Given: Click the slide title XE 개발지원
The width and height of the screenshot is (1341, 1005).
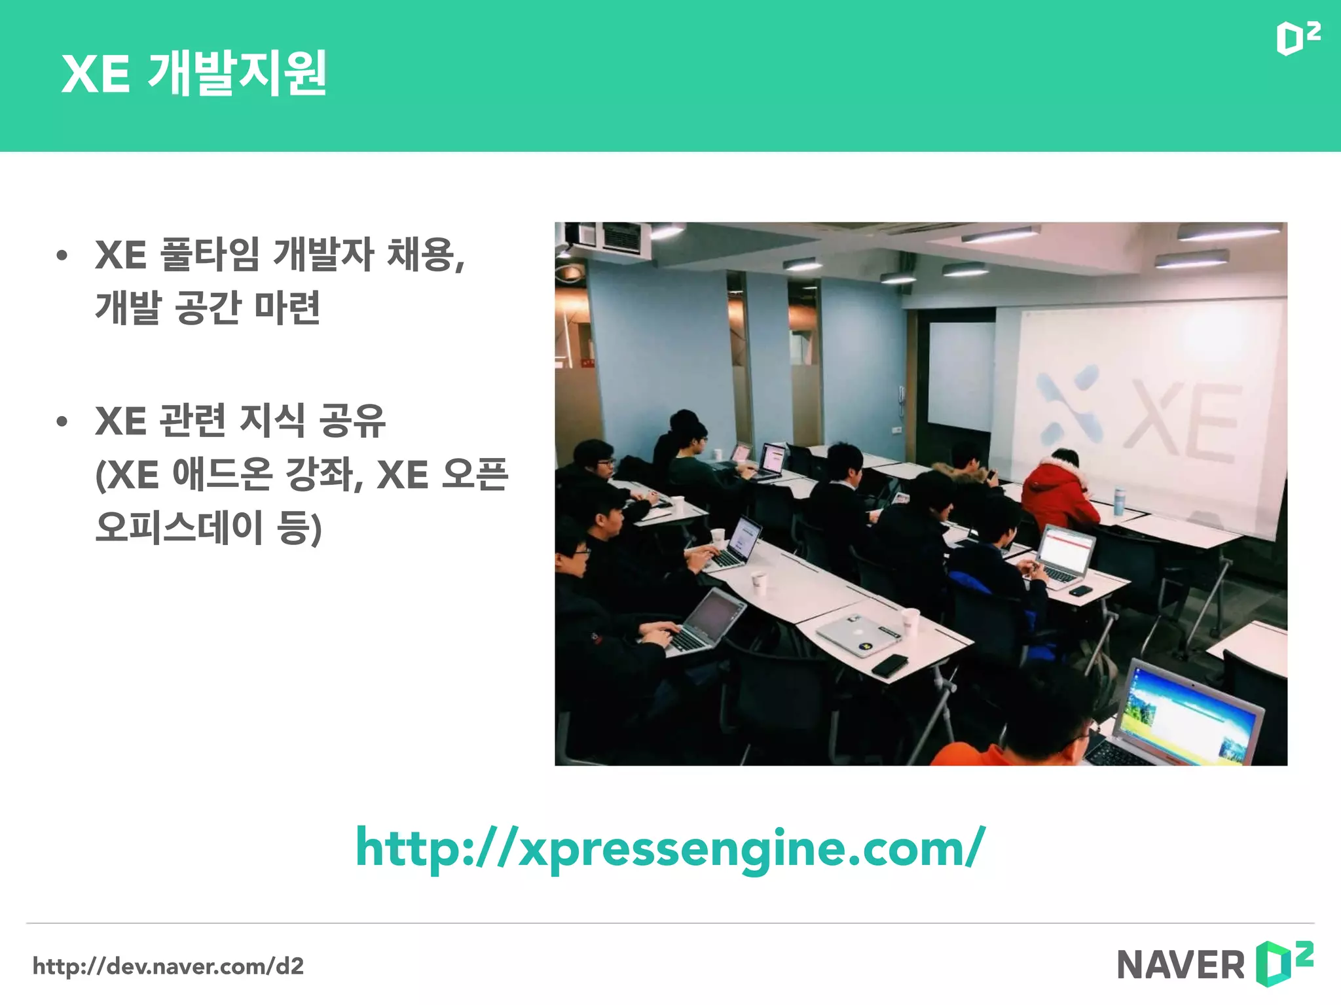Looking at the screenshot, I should click(194, 73).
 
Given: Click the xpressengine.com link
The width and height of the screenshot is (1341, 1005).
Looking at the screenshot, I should click(670, 848).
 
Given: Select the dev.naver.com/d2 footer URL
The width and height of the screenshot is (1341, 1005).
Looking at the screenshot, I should click(168, 966).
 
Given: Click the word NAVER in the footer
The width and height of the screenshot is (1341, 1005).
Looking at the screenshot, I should click(1181, 965).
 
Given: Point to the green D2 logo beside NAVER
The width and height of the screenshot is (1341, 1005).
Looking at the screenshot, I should click(1284, 963).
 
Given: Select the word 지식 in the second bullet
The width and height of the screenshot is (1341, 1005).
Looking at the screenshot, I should click(272, 420).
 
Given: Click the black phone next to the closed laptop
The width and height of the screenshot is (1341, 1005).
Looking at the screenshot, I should click(890, 665).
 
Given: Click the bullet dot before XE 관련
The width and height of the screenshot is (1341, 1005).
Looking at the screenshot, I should click(62, 421).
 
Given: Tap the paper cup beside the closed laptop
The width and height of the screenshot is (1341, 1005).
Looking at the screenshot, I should click(910, 620).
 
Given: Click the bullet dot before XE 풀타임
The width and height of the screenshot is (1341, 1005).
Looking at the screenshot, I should click(62, 255).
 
